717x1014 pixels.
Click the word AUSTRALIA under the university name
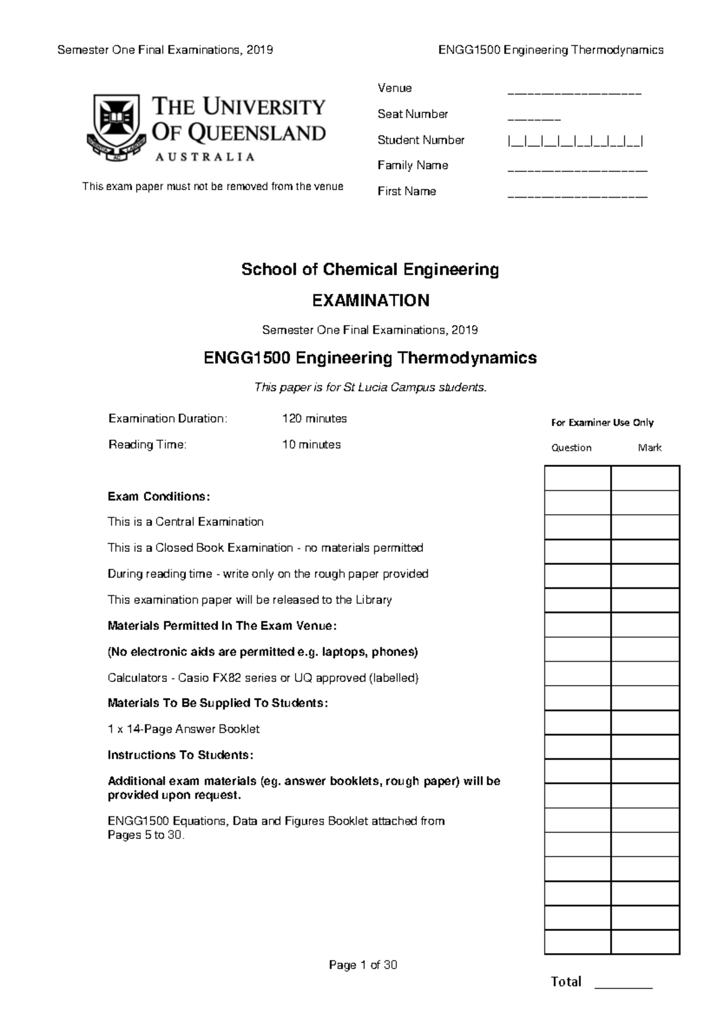pyautogui.click(x=205, y=157)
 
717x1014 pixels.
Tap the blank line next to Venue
pyautogui.click(x=574, y=94)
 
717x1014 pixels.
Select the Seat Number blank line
pyautogui.click(x=534, y=119)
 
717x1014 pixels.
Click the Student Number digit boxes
pyautogui.click(x=575, y=142)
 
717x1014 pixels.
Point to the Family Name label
pyautogui.click(x=412, y=165)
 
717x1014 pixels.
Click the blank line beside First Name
pyautogui.click(x=577, y=196)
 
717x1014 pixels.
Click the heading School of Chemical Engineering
pyautogui.click(x=370, y=269)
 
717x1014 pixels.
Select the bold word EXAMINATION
pyautogui.click(x=370, y=300)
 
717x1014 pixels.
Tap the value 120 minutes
pyautogui.click(x=314, y=419)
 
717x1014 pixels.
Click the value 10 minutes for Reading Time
pyautogui.click(x=311, y=445)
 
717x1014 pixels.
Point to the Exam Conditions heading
pyautogui.click(x=158, y=497)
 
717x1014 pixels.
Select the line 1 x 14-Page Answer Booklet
pyautogui.click(x=183, y=729)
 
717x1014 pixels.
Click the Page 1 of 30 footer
pyautogui.click(x=363, y=965)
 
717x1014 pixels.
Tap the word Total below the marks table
pyautogui.click(x=565, y=982)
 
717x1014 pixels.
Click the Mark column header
pyautogui.click(x=649, y=448)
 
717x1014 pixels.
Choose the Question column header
pyautogui.click(x=571, y=448)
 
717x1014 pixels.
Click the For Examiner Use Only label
pyautogui.click(x=602, y=423)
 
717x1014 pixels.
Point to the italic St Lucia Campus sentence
pyautogui.click(x=370, y=388)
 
